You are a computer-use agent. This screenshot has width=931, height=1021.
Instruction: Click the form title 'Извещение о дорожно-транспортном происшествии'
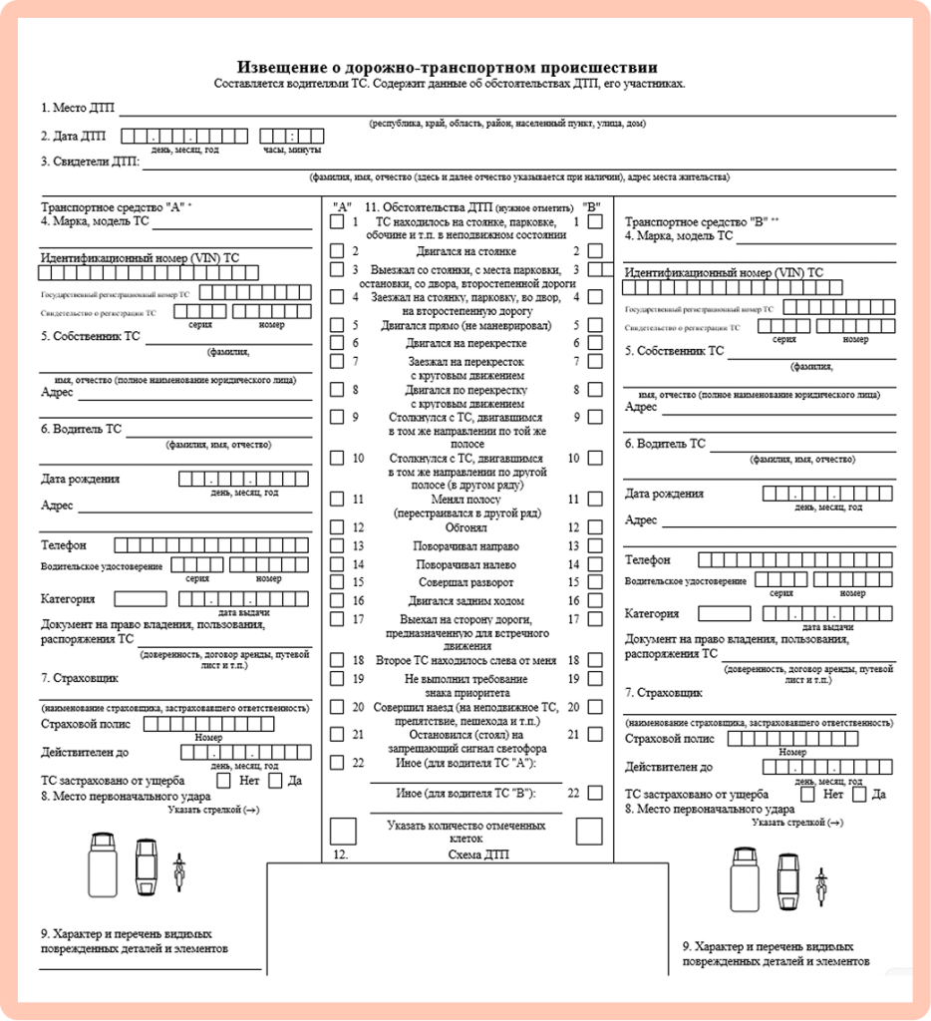(449, 68)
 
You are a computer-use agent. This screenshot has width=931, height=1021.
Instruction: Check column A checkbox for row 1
(337, 223)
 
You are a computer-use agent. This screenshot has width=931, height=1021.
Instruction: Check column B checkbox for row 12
(594, 527)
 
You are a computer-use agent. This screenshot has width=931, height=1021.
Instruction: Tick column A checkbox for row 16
(337, 601)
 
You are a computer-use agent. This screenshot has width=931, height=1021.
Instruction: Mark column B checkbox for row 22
(594, 793)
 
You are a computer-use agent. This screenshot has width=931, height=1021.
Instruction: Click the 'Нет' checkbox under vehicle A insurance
(223, 781)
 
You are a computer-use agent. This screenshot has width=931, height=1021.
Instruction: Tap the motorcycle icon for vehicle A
(179, 869)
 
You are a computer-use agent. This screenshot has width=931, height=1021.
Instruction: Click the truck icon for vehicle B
(744, 878)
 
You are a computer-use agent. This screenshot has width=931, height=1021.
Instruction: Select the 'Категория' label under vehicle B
(652, 613)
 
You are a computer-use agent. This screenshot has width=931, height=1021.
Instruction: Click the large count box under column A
(343, 831)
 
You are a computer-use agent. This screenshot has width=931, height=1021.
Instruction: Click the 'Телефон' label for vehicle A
(64, 545)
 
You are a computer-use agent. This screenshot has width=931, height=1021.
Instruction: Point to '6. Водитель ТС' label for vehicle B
(665, 444)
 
